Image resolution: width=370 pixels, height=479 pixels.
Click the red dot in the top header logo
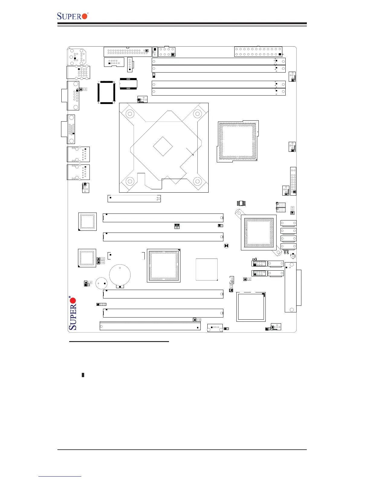(x=85, y=16)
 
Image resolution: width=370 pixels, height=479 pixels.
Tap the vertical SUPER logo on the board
(x=73, y=313)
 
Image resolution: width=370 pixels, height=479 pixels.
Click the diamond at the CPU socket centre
(x=163, y=146)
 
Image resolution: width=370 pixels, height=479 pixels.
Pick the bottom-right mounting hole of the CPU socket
(x=197, y=181)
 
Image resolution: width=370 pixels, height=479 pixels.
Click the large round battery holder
(x=120, y=275)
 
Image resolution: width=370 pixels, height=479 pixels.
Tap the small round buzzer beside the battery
(x=101, y=284)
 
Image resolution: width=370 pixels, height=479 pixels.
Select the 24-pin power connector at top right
(x=258, y=51)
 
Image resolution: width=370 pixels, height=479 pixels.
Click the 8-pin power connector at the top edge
(x=167, y=52)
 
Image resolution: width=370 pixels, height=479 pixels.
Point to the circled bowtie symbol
(x=226, y=246)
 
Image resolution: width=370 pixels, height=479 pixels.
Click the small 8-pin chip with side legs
(x=241, y=203)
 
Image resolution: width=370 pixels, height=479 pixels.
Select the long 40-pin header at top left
(x=127, y=52)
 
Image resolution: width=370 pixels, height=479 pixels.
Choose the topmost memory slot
(x=219, y=61)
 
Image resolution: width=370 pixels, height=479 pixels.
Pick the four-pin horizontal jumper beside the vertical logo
(x=101, y=304)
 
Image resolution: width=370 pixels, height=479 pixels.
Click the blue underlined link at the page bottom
(x=60, y=477)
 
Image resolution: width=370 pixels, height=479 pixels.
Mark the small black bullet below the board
(x=83, y=375)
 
